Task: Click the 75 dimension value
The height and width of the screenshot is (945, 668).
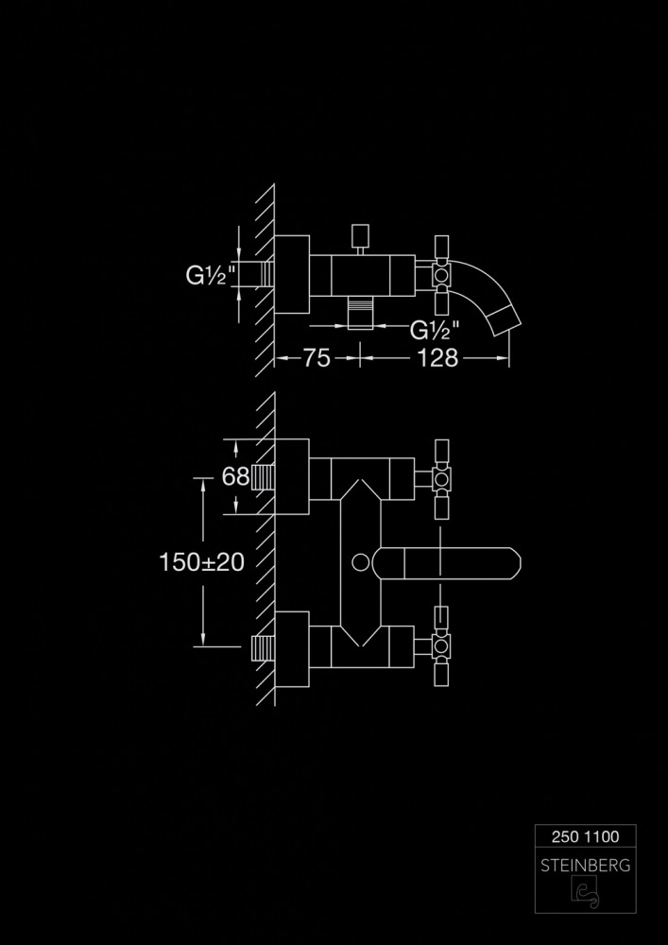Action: (x=317, y=358)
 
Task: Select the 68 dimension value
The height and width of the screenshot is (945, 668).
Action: (x=235, y=477)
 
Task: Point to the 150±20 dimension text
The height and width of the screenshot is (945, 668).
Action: (x=201, y=561)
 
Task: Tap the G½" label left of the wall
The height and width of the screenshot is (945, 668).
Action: (x=210, y=277)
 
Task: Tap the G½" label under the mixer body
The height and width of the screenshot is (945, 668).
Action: (x=435, y=330)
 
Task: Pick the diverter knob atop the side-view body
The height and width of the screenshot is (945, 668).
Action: (x=359, y=236)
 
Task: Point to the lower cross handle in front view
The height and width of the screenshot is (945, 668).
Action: (x=441, y=647)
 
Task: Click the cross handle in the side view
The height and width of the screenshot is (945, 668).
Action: (x=441, y=274)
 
